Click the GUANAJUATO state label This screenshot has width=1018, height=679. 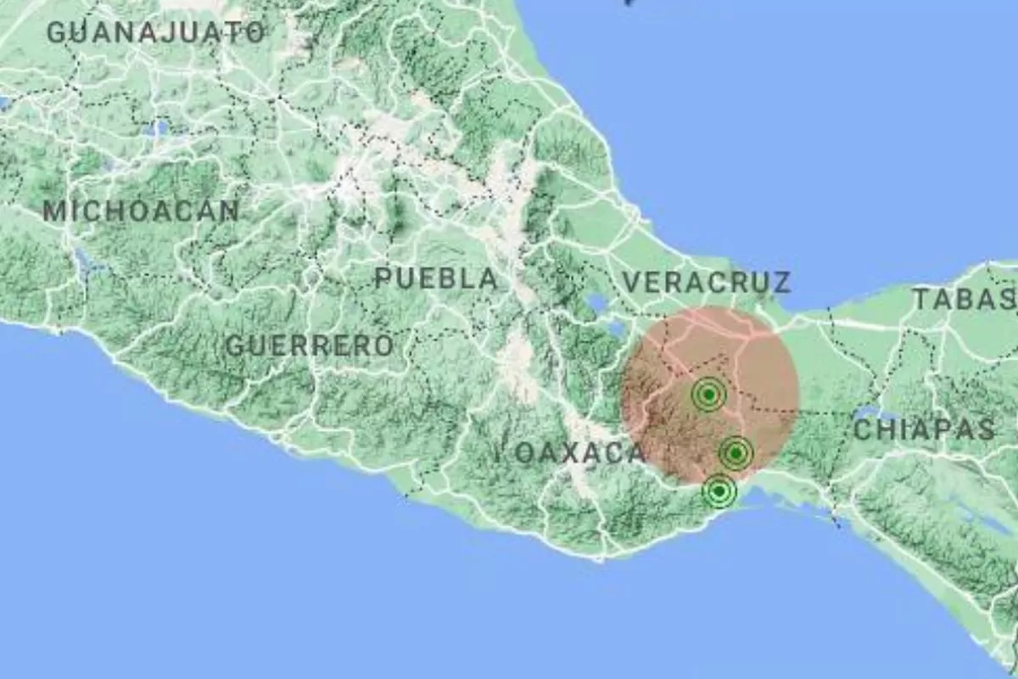tap(155, 32)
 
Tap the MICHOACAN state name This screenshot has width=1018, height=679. tap(141, 211)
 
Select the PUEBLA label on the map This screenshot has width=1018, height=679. tap(436, 278)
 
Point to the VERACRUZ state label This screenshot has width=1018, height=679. tap(707, 282)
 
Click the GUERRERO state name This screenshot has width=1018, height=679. tap(310, 345)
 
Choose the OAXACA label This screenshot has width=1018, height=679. tap(580, 453)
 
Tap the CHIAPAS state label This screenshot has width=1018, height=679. tap(923, 429)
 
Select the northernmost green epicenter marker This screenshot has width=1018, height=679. tap(708, 395)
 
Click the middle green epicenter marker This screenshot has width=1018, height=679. tap(736, 454)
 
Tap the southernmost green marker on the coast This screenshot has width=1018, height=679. tap(719, 491)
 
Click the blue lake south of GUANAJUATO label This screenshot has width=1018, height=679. tap(158, 129)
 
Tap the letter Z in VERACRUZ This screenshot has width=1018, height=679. tap(780, 282)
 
